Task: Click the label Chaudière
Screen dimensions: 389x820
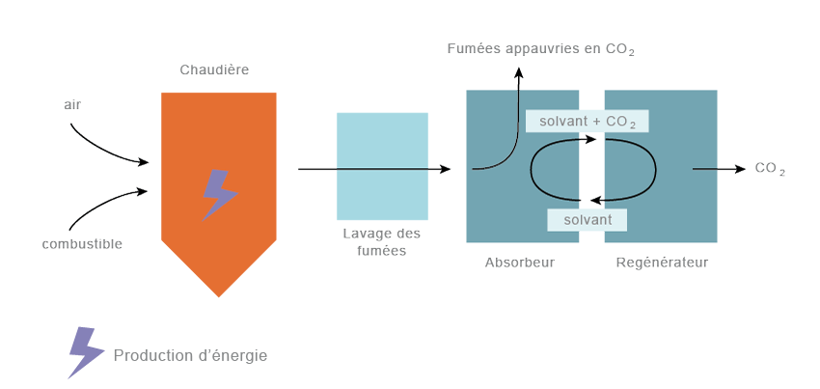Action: tap(214, 69)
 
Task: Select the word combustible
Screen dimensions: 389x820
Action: tap(82, 243)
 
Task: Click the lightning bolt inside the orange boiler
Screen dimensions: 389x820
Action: tap(219, 194)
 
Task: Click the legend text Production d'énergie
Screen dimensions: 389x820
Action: tap(190, 355)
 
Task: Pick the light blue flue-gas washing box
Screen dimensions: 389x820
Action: tap(382, 166)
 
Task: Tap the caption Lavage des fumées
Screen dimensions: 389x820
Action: tap(382, 242)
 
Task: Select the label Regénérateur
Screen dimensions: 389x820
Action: tap(662, 262)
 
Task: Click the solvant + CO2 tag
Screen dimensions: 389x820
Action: tap(587, 121)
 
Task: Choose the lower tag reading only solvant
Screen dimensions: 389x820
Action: tap(588, 220)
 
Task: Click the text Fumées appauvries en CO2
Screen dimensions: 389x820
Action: tap(540, 48)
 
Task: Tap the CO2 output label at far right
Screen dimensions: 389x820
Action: tap(769, 169)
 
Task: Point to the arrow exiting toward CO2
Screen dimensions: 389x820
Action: tap(719, 169)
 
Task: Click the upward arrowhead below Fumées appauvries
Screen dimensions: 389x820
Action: tap(518, 72)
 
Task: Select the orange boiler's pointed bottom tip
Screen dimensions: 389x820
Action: tap(219, 294)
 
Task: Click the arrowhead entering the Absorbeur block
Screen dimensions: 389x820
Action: tap(446, 169)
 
